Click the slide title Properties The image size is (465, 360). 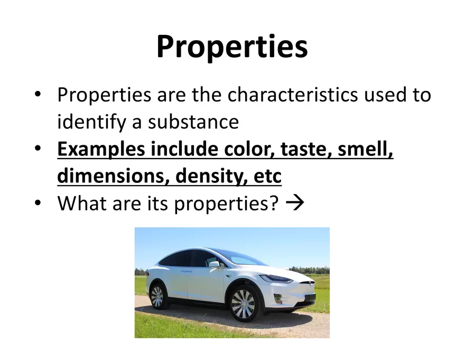click(232, 47)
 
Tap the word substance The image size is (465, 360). click(193, 122)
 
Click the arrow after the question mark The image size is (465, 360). click(295, 204)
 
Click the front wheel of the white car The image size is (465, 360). click(243, 304)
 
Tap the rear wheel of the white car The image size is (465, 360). click(157, 297)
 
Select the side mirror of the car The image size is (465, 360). click(213, 263)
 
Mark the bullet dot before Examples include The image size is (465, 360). click(38, 149)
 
